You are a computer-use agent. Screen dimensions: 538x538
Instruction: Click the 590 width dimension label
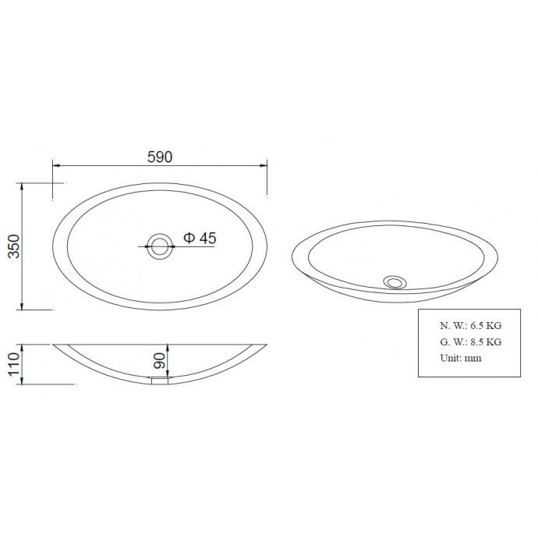pyautogui.click(x=160, y=158)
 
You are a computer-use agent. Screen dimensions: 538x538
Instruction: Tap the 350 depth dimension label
pyautogui.click(x=14, y=246)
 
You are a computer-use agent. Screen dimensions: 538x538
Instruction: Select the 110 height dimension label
pyautogui.click(x=14, y=364)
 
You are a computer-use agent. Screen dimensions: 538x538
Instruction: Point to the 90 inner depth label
pyautogui.click(x=160, y=360)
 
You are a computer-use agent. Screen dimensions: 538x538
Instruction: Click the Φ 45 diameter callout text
pyautogui.click(x=200, y=238)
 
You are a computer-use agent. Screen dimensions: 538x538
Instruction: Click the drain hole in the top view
pyautogui.click(x=160, y=246)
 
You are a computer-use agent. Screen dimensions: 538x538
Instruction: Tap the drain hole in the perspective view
pyautogui.click(x=395, y=282)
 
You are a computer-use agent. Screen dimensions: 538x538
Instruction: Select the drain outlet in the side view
pyautogui.click(x=161, y=380)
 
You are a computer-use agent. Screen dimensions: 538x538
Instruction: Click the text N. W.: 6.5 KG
pyautogui.click(x=471, y=325)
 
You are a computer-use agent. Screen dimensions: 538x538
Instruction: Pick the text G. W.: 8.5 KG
pyautogui.click(x=471, y=342)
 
